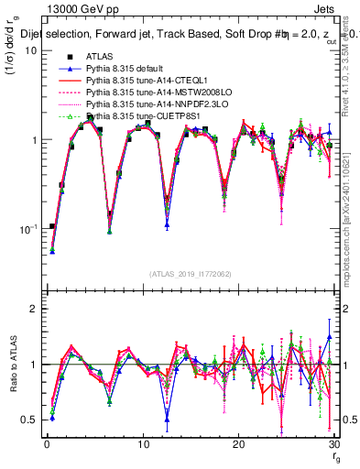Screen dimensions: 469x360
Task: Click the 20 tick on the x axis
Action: click(238, 444)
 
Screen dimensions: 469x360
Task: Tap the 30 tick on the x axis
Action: click(333, 444)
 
